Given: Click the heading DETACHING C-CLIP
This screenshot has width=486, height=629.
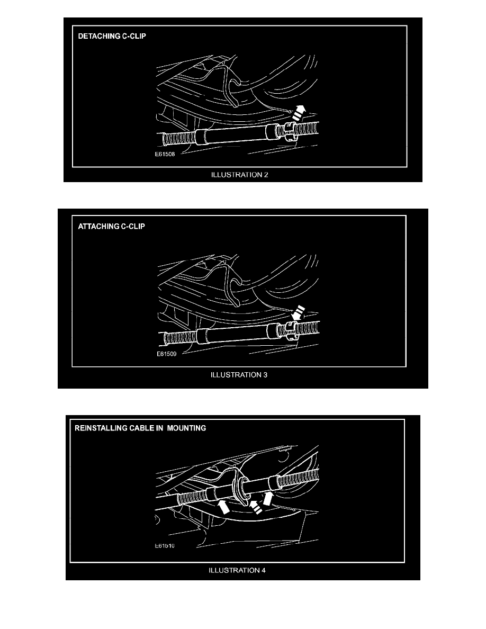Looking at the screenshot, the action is coord(112,36).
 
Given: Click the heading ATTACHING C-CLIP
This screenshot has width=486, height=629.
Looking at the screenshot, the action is coord(112,226).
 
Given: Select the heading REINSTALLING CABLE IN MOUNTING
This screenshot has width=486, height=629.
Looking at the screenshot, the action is coord(140,428).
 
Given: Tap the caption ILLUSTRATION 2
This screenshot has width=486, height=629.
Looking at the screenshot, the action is coord(239,175).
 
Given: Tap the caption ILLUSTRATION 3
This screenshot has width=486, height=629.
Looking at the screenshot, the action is coord(239,375).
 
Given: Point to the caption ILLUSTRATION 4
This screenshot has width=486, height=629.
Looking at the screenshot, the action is coord(237,570).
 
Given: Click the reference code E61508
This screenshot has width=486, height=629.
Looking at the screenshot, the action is coord(165,154).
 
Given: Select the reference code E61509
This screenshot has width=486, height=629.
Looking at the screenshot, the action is coord(166,354).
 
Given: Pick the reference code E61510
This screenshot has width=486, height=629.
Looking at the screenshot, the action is coord(165,545).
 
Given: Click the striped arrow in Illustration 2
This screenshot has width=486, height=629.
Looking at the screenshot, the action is coord(299,113).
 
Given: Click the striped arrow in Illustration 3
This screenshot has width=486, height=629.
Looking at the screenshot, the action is coord(298,313).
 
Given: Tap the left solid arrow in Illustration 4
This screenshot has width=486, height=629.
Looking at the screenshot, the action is coord(223,506).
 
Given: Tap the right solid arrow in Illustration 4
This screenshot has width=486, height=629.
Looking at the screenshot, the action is coord(267,499).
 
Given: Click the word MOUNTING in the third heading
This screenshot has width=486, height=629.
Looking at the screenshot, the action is coord(186,428).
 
